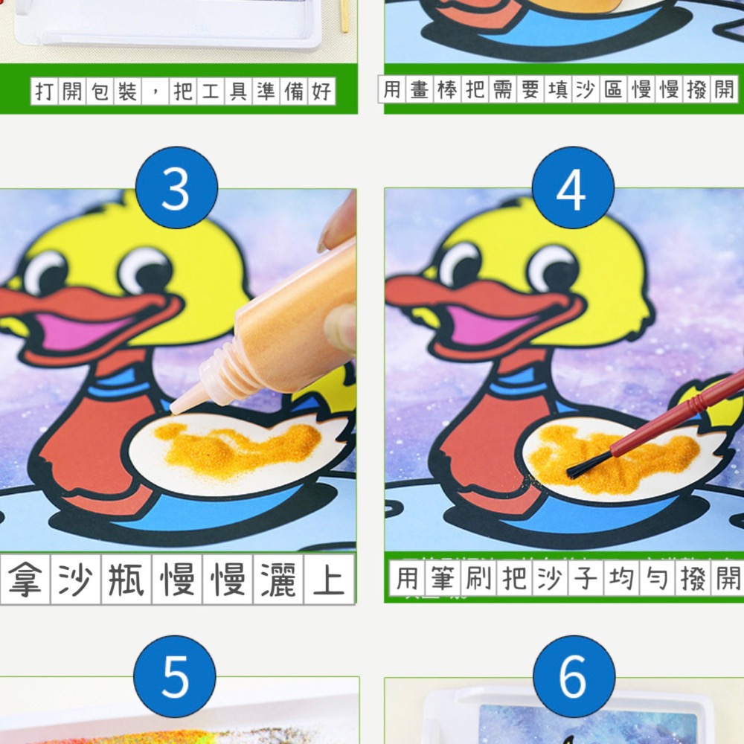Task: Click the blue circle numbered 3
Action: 176,188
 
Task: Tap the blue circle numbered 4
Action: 573,188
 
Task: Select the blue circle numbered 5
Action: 175,676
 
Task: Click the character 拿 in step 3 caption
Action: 25,579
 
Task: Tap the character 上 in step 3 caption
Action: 328,579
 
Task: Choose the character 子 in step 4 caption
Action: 586,578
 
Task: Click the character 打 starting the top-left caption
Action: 45,92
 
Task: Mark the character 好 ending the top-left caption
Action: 321,92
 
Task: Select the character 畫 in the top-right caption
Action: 419,90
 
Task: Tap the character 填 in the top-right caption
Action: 556,90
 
